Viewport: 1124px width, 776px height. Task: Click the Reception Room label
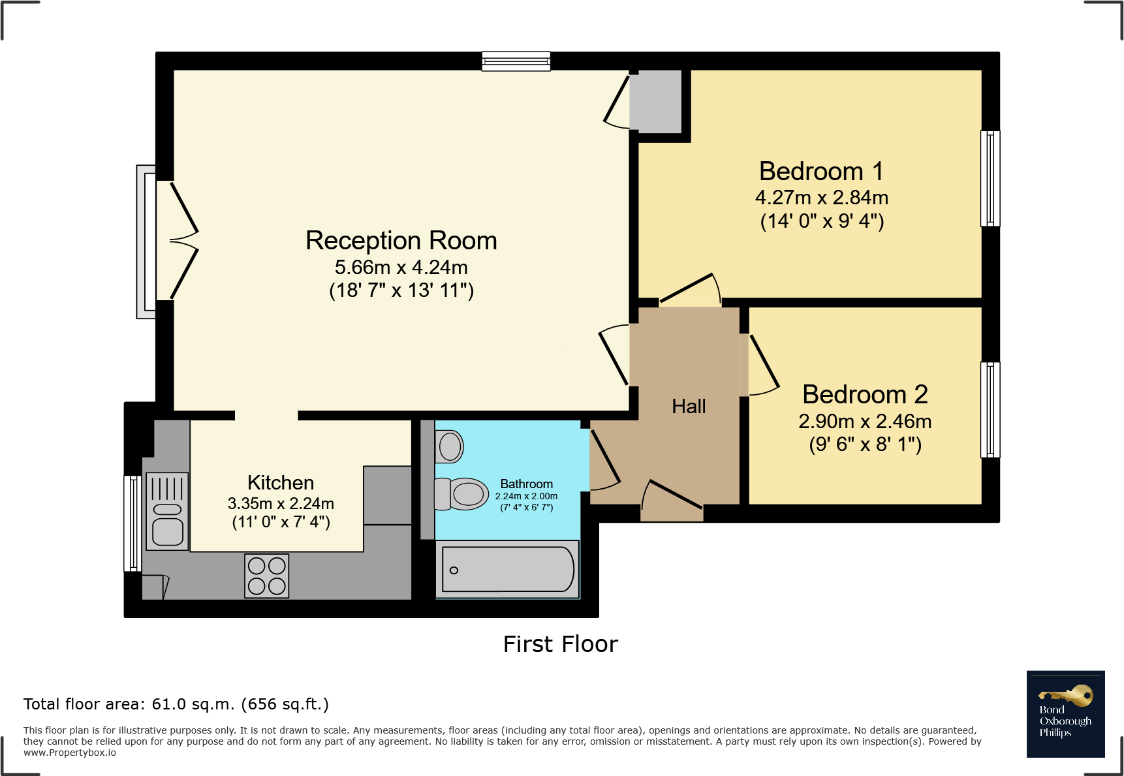tap(401, 241)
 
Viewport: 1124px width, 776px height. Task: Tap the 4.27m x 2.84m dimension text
tap(822, 197)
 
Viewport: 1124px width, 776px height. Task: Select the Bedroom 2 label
tap(865, 394)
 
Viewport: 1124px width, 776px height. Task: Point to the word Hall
tap(689, 406)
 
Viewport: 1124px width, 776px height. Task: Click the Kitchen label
tap(281, 482)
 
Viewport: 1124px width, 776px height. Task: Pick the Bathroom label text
tap(526, 484)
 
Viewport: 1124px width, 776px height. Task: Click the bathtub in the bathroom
tap(507, 569)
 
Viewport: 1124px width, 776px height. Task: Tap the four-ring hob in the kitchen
tap(266, 576)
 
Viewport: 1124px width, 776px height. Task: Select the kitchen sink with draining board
tap(167, 511)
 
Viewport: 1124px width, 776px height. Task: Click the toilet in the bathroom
tap(461, 494)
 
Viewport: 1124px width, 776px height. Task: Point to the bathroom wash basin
tap(449, 446)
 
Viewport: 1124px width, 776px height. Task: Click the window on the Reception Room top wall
tap(516, 61)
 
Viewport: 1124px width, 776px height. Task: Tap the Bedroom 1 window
tap(990, 178)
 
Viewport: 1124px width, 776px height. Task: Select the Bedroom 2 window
tap(990, 410)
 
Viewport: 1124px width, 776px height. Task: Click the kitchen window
tap(133, 523)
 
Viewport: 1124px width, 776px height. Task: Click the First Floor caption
tap(561, 644)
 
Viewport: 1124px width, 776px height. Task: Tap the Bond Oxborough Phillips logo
tap(1065, 714)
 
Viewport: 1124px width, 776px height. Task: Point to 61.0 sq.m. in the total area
tap(193, 704)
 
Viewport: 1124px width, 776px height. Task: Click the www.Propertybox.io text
tap(70, 753)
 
